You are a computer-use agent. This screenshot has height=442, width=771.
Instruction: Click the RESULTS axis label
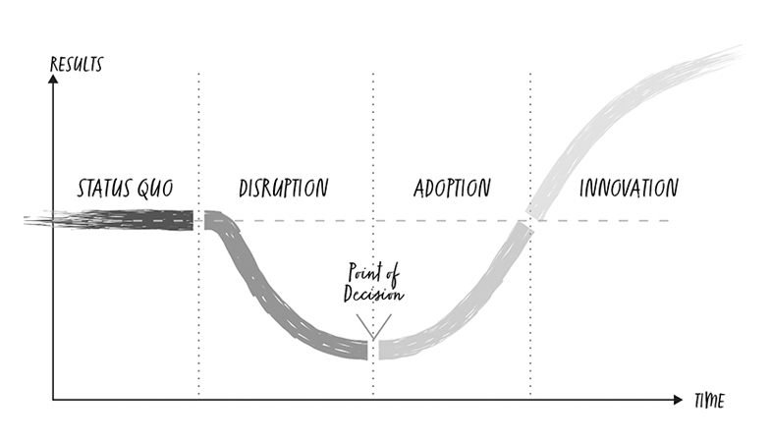[x=77, y=65]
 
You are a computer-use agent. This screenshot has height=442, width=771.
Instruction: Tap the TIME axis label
[x=709, y=401]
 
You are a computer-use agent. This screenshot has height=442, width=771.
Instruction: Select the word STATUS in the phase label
[x=104, y=189]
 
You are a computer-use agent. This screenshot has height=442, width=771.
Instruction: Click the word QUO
[x=155, y=189]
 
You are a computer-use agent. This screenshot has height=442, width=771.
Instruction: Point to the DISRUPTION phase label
[x=284, y=188]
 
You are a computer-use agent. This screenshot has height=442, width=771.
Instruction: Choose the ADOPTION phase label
[x=452, y=188]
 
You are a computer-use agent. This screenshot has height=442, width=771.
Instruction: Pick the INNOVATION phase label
[x=629, y=188]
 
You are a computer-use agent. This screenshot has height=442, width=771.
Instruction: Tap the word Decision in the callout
[x=373, y=294]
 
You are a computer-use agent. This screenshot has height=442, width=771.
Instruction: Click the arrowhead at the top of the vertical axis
[x=53, y=79]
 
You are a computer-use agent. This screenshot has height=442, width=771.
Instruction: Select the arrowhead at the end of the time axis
[x=678, y=400]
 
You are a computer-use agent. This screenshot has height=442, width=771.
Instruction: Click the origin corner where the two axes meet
[x=53, y=400]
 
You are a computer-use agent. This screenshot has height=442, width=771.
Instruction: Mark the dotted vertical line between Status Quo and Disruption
[x=199, y=234]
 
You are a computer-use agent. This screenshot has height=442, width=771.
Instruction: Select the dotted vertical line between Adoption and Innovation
[x=530, y=234]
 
